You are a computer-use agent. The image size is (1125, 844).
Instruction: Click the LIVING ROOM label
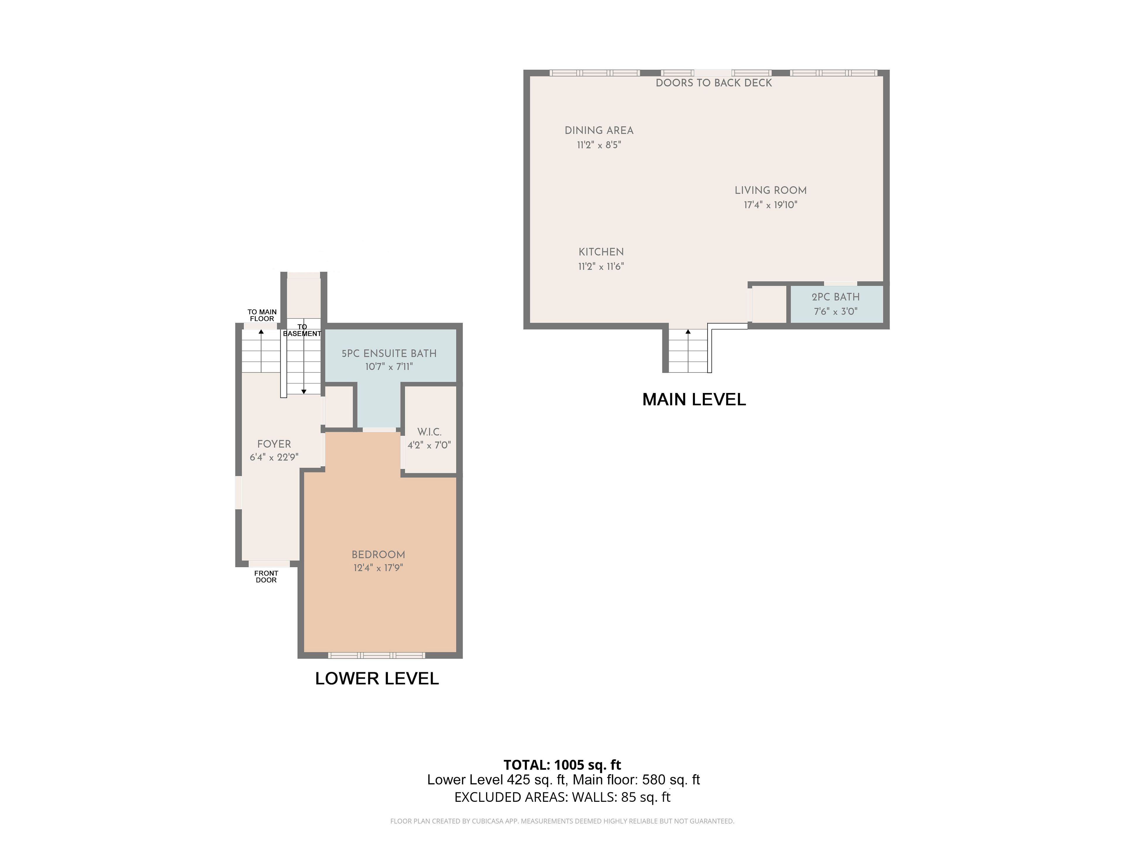[x=771, y=190]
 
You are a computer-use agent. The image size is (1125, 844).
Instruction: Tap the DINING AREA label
[x=599, y=130]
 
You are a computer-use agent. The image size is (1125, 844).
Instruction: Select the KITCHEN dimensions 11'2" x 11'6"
[x=601, y=266]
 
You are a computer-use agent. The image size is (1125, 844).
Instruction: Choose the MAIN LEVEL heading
[x=694, y=399]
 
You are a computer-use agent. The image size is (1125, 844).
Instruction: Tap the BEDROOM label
[x=379, y=554]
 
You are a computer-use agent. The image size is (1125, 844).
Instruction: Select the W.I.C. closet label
[x=429, y=432]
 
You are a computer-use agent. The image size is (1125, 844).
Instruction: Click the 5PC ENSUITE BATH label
[x=389, y=353]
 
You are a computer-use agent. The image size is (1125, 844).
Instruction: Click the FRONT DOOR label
[x=266, y=576]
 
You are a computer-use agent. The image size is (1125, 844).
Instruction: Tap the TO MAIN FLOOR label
[x=262, y=315]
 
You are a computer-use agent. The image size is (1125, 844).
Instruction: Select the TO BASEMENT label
[x=302, y=330]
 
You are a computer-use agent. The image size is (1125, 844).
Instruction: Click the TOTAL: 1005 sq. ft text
[x=562, y=765]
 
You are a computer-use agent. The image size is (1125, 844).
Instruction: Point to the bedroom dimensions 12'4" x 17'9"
[x=379, y=568]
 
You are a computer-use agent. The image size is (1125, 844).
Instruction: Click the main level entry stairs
[x=688, y=351]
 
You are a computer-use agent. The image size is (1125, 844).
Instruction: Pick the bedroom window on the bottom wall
[x=376, y=655]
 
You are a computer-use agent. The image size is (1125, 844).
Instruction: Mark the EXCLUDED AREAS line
[x=562, y=797]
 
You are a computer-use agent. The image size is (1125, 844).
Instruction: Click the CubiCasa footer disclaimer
[x=562, y=821]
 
